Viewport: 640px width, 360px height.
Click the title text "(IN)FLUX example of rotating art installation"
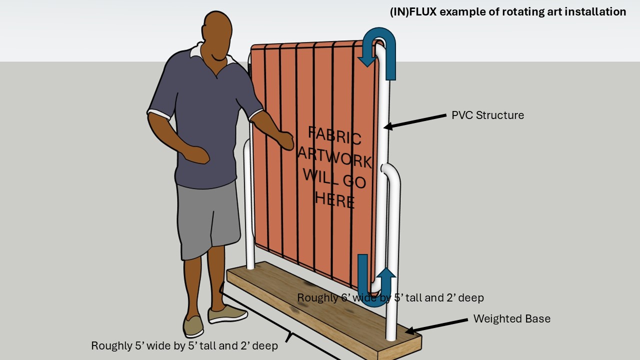coord(508,12)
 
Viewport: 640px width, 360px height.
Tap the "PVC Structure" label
coord(487,115)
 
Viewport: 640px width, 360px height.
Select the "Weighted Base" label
coord(511,319)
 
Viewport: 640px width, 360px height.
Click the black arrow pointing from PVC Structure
coord(415,121)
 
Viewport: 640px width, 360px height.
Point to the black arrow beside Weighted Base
coord(436,326)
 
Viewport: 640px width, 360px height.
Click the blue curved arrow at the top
coord(379,31)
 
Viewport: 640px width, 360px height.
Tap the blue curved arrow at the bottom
coord(376,303)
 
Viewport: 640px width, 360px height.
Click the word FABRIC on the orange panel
coord(334,135)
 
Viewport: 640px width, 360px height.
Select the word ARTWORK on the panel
coord(334,158)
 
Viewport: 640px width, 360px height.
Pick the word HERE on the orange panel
coord(334,199)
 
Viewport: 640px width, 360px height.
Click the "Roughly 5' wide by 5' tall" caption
coord(184,346)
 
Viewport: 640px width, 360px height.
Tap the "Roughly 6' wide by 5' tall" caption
coord(390,298)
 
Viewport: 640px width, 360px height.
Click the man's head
coord(217,35)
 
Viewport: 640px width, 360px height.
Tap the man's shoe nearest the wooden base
coord(227,314)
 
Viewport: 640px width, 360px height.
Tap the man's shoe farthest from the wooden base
coord(193,326)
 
